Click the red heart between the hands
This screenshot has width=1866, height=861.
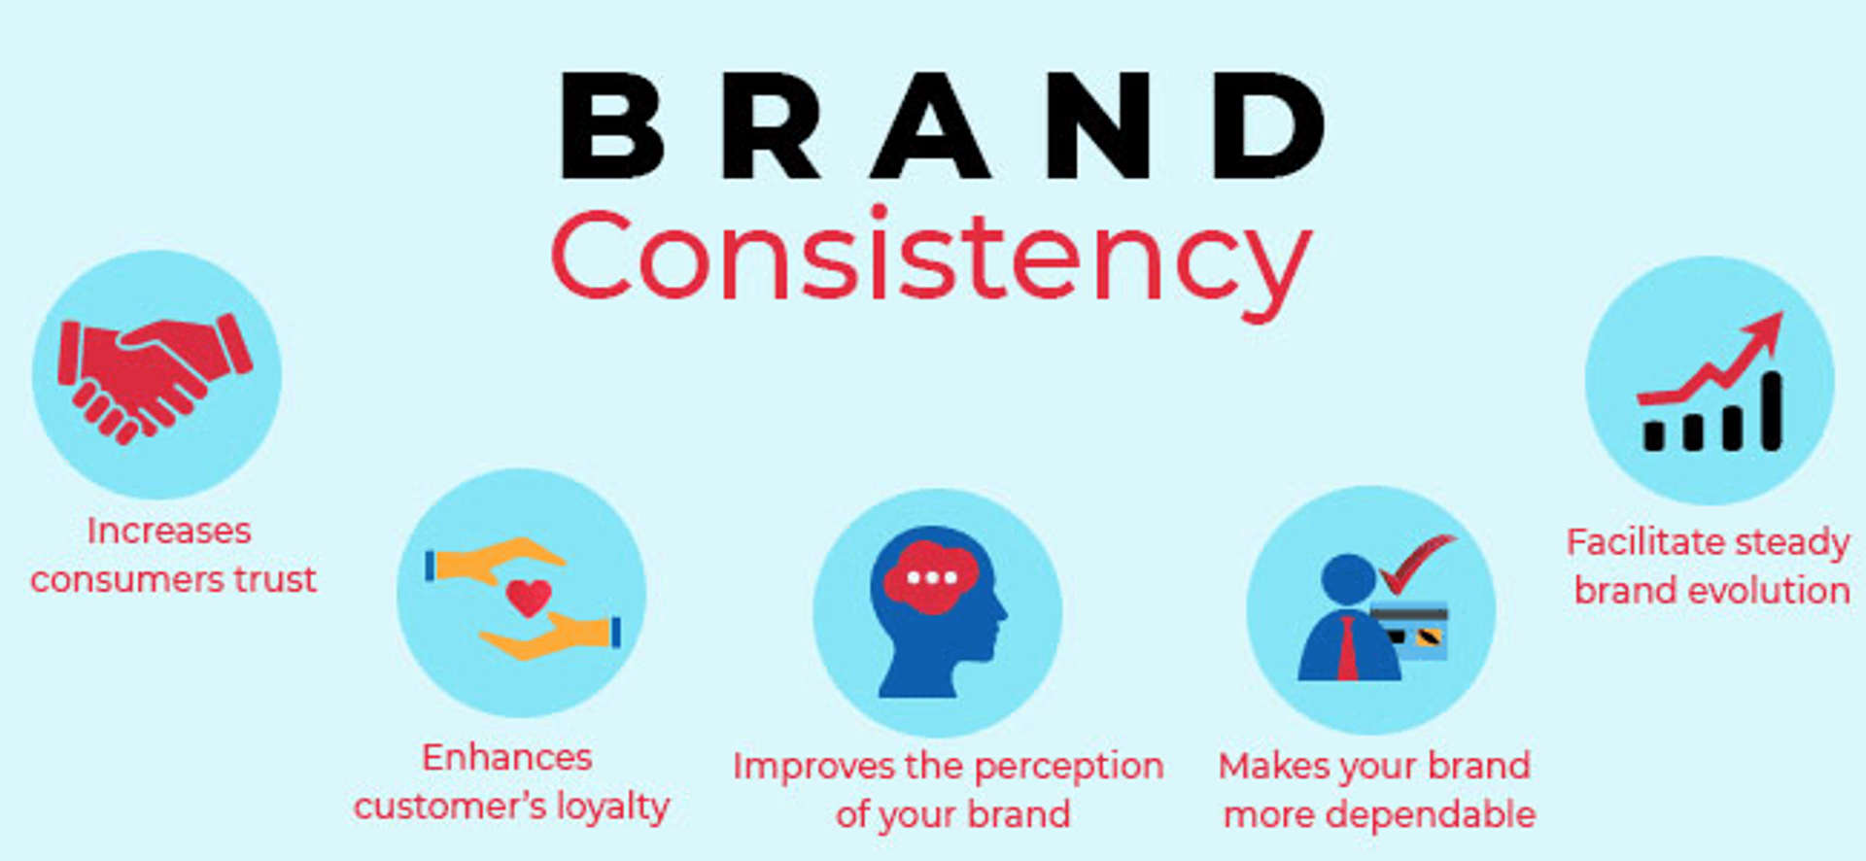click(529, 597)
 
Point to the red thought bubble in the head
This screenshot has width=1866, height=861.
click(931, 577)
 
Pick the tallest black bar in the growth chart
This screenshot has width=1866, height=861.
click(1772, 412)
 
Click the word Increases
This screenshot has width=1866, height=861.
click(169, 532)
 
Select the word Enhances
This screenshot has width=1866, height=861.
click(506, 758)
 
